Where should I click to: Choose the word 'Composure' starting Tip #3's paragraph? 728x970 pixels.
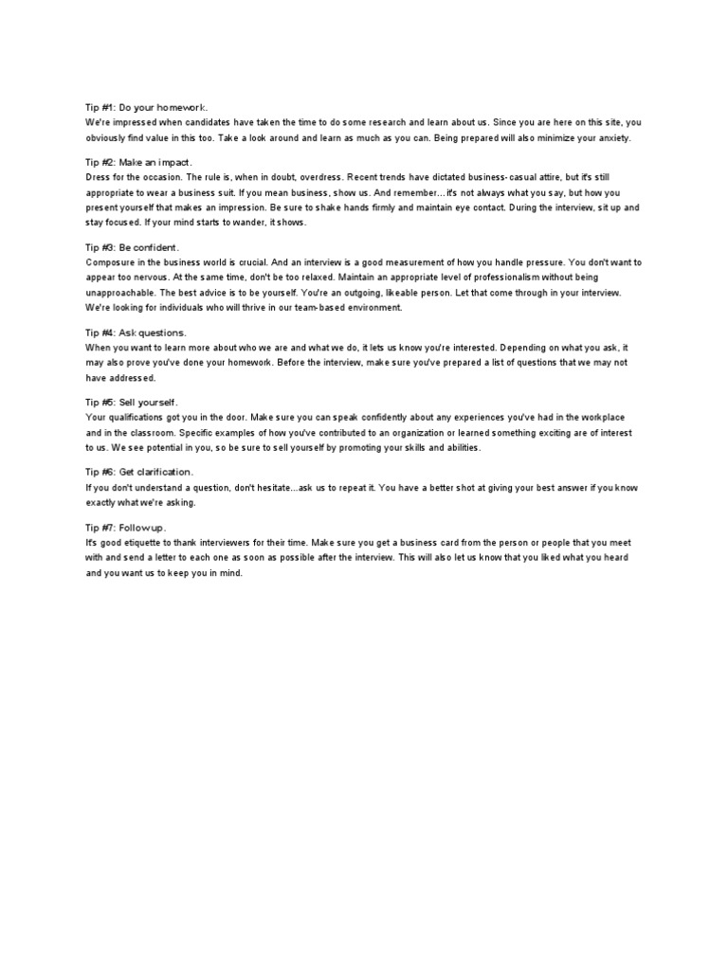[x=112, y=260]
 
